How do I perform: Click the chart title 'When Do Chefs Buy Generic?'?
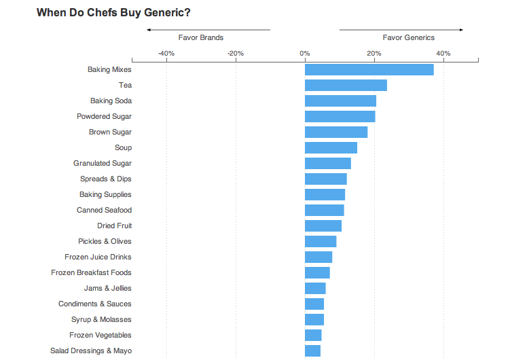click(x=113, y=12)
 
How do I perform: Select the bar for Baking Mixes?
click(x=369, y=69)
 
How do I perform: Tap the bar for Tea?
click(x=346, y=85)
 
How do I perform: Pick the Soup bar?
click(x=331, y=147)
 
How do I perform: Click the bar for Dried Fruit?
click(x=323, y=226)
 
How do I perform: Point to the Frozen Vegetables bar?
click(x=313, y=335)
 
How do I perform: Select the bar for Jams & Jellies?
click(x=315, y=288)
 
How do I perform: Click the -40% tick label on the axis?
click(x=166, y=53)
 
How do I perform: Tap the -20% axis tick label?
click(x=236, y=53)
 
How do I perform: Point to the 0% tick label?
click(x=305, y=53)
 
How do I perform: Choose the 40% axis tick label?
click(x=443, y=53)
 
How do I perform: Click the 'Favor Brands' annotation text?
click(x=201, y=38)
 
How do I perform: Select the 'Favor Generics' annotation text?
click(x=409, y=38)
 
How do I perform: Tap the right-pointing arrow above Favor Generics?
click(x=460, y=30)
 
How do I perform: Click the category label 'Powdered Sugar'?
click(x=104, y=116)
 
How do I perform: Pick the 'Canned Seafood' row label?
click(x=104, y=210)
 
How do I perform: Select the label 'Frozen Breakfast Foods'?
click(x=91, y=272)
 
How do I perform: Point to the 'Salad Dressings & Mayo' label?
click(x=91, y=350)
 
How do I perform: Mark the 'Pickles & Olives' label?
click(x=105, y=241)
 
